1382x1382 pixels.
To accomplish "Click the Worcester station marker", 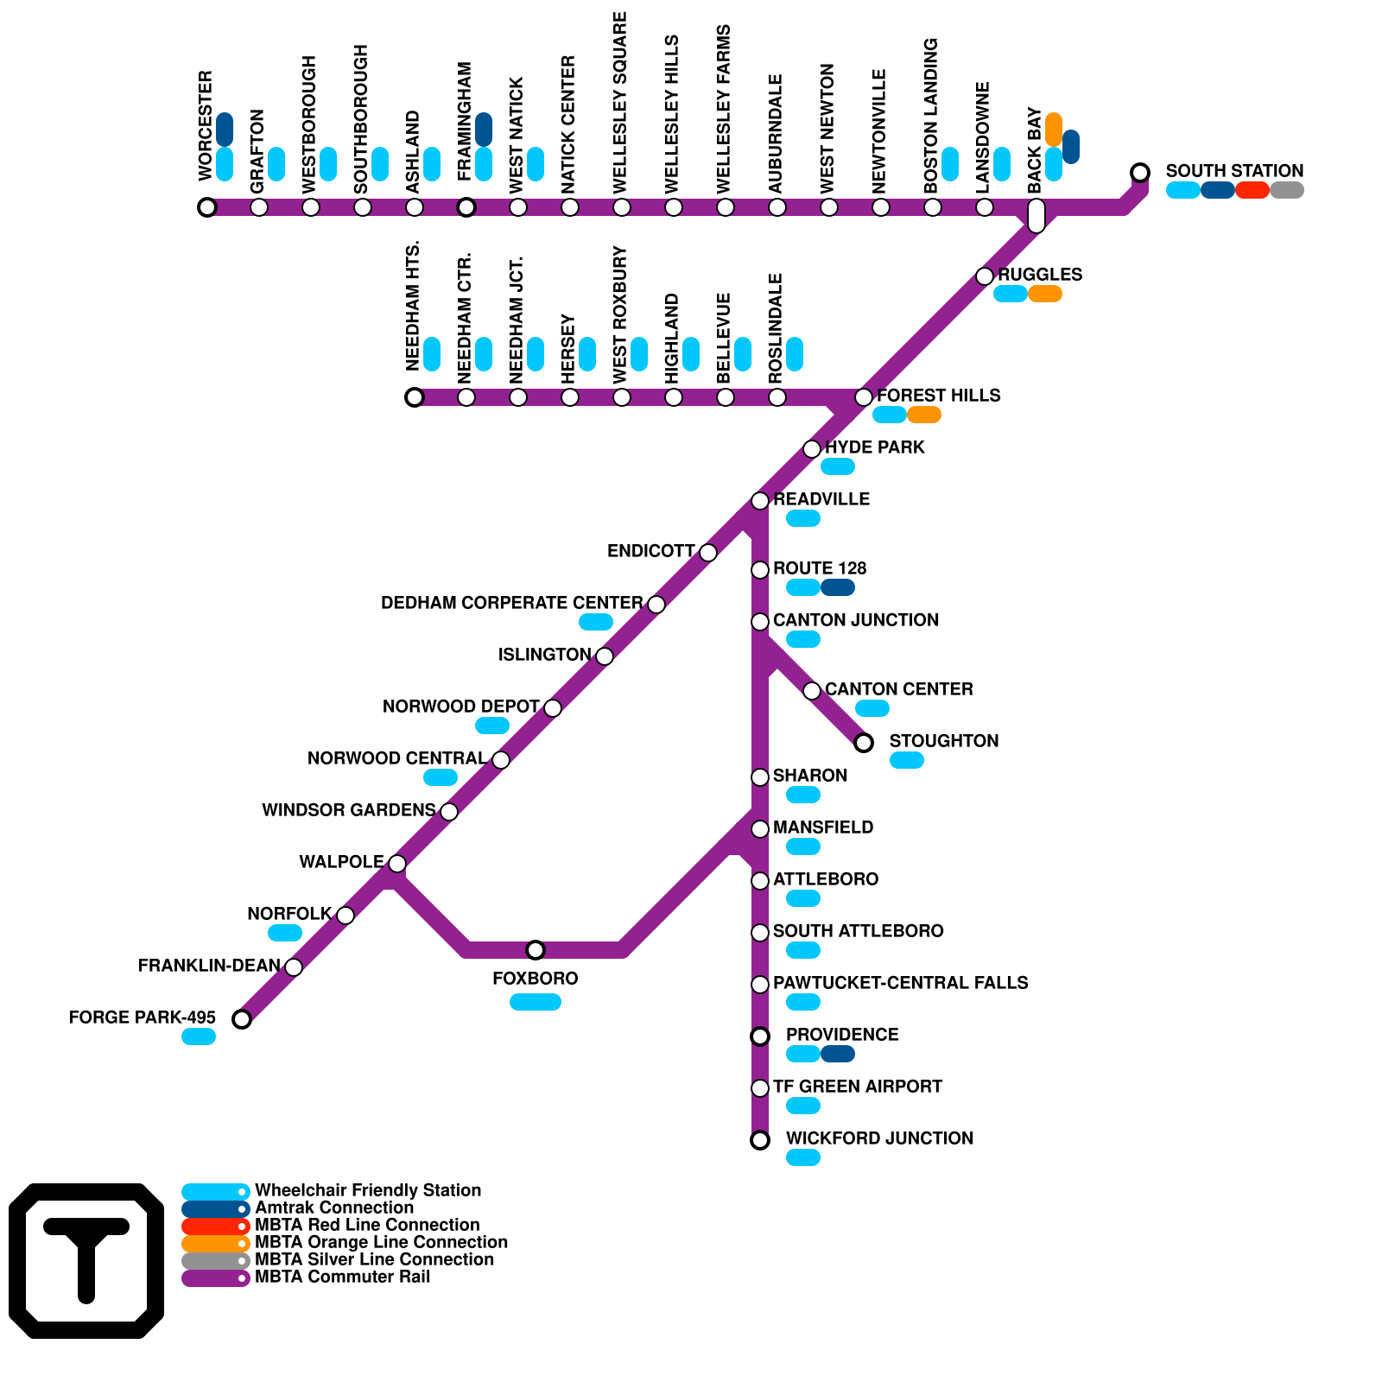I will pos(206,207).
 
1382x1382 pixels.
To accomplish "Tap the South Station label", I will pos(1234,171).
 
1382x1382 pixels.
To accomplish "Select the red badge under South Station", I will pos(1252,190).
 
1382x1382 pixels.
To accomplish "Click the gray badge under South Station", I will pos(1286,190).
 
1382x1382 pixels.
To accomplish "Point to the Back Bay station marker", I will pos(1036,215).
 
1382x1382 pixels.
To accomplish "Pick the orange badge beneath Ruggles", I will pos(1044,294).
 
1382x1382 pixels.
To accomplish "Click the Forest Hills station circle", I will pos(864,397).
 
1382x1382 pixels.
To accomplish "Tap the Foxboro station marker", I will pos(536,950).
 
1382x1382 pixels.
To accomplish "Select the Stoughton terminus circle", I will pos(864,743).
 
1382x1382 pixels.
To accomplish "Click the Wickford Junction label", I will pos(879,1138).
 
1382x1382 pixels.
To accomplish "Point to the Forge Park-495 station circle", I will pos(242,1019).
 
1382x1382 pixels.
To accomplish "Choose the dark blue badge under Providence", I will pos(837,1054).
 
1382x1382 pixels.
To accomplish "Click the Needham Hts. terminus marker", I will pos(415,397).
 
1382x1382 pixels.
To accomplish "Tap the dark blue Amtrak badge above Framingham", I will pos(484,130).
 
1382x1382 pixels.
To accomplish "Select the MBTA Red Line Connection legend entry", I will pos(366,1225).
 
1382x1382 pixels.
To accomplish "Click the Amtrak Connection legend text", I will pos(333,1208).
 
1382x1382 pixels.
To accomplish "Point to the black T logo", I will pos(86,1261).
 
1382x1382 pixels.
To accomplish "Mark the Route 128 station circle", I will pos(760,570).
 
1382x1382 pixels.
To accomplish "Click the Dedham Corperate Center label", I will pos(511,603).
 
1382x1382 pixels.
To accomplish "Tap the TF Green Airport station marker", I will pos(760,1088).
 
